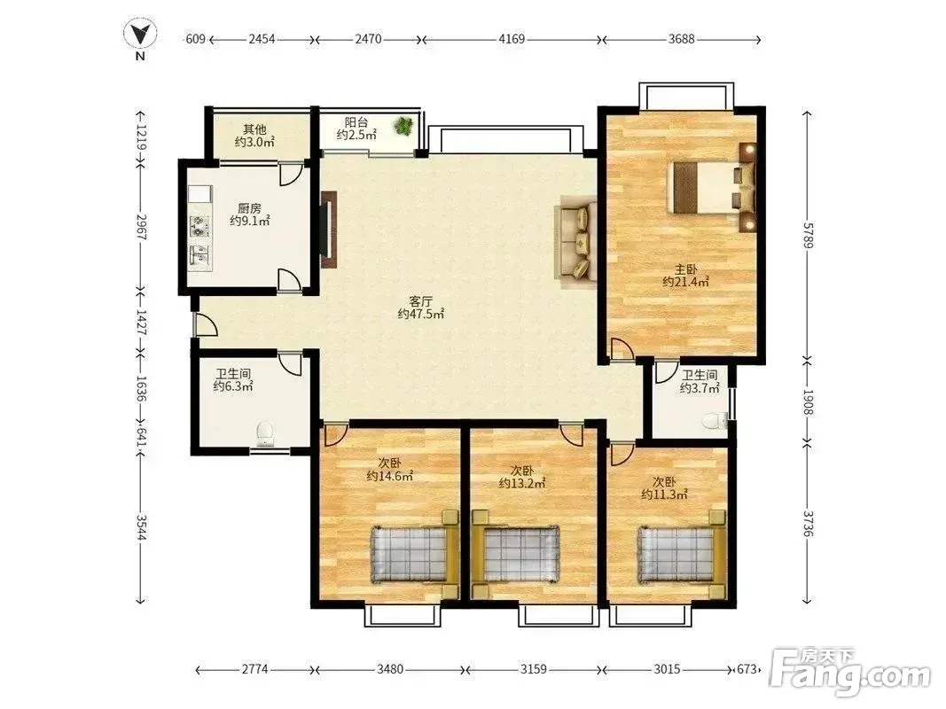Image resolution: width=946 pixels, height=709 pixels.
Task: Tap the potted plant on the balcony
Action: pos(403,125)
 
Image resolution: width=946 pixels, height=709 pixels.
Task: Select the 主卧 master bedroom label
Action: pos(685,269)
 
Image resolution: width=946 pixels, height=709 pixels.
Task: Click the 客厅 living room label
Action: pos(420,300)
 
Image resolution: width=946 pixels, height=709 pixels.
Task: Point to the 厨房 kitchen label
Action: pos(250,208)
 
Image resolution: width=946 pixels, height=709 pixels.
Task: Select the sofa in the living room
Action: pos(577,242)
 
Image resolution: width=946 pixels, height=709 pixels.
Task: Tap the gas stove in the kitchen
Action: pos(199,226)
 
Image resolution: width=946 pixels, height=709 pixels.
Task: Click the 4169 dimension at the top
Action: pos(512,39)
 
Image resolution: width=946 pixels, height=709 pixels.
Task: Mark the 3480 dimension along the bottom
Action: pos(390,669)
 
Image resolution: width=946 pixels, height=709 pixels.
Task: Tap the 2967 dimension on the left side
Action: pos(141,227)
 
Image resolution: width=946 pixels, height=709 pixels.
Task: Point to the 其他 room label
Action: pos(254,129)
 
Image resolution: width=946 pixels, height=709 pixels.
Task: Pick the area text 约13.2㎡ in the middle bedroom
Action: pos(522,483)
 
